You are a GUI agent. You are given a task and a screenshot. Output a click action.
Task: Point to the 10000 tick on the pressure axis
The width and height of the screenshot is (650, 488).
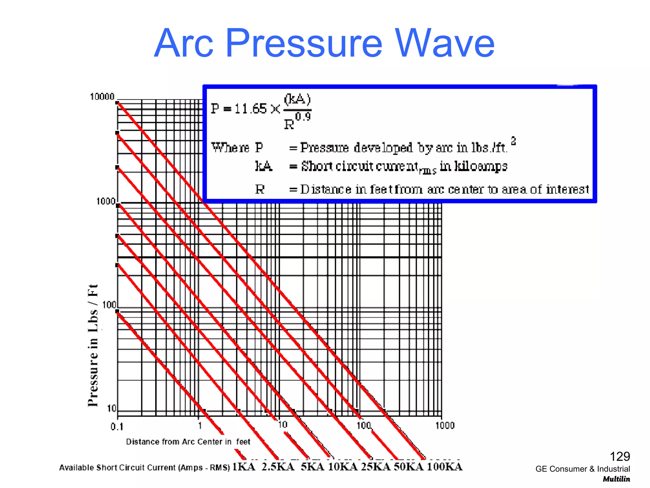102,97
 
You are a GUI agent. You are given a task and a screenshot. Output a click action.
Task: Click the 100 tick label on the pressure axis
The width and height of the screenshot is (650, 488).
109,305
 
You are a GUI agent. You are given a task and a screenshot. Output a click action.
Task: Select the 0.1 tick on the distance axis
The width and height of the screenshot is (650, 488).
117,427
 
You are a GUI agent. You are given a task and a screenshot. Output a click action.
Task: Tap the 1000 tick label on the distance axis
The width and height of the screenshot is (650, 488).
445,425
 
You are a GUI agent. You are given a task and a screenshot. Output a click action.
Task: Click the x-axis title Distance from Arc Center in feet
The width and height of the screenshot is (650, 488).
188,442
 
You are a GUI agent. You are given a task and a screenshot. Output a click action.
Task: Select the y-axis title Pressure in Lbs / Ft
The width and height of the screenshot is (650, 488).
93,345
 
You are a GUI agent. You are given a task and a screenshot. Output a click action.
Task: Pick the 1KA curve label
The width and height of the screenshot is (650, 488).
244,467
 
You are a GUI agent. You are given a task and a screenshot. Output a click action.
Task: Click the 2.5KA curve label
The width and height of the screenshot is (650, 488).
278,467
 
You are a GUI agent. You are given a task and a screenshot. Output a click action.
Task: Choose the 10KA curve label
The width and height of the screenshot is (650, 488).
342,467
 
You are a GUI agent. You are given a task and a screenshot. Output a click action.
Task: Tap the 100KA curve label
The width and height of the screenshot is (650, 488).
444,467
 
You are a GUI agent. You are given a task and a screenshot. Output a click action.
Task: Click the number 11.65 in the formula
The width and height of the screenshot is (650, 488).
250,109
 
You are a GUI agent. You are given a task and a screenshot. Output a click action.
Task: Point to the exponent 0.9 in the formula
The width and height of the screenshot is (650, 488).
303,117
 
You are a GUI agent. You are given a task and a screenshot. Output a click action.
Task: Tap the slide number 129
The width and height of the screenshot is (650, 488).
620,457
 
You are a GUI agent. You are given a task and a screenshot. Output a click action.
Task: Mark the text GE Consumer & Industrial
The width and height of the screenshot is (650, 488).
582,469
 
